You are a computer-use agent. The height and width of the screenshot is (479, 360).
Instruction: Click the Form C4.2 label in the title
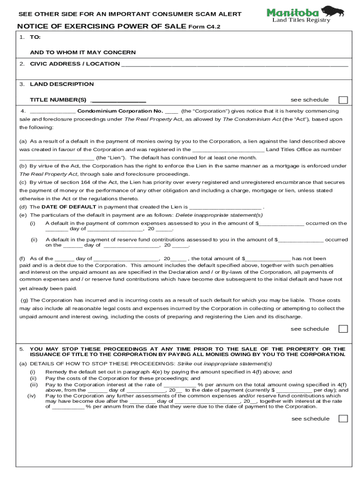(204, 27)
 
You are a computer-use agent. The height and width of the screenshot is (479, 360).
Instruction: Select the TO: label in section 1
(35, 36)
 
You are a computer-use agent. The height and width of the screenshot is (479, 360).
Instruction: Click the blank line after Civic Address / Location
(234, 64)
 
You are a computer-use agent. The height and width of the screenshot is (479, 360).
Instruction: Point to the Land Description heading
(62, 84)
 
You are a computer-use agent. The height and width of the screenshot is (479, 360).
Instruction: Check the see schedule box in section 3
(343, 100)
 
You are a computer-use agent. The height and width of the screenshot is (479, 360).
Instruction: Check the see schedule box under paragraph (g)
(343, 329)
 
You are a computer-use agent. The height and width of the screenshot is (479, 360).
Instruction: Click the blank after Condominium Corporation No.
(172, 111)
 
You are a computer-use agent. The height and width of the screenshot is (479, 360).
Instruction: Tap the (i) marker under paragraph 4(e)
(33, 224)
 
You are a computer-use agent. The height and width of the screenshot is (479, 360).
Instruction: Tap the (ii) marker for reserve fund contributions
(34, 240)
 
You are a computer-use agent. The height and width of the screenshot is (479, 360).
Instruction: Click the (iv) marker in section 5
(32, 396)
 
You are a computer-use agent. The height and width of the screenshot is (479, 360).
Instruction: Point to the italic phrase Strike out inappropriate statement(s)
(224, 364)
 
